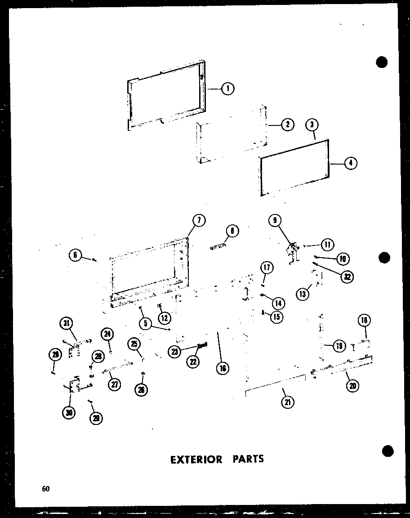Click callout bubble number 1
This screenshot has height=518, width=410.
pyautogui.click(x=228, y=89)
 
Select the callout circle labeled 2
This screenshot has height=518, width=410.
pyautogui.click(x=287, y=125)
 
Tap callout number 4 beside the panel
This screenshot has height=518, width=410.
pyautogui.click(x=350, y=163)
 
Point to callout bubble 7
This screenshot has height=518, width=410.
pyautogui.click(x=199, y=220)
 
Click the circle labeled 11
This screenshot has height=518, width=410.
pyautogui.click(x=327, y=245)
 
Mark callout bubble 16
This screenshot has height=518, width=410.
pyautogui.click(x=222, y=368)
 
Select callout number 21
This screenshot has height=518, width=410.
pyautogui.click(x=287, y=402)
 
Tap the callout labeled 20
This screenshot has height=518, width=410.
pyautogui.click(x=353, y=385)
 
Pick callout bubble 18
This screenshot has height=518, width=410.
pyautogui.click(x=364, y=321)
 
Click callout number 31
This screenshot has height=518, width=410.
pyautogui.click(x=67, y=323)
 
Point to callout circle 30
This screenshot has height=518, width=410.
pyautogui.click(x=69, y=413)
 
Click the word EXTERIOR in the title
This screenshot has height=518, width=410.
pyautogui.click(x=196, y=459)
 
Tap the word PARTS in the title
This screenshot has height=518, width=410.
pyautogui.click(x=248, y=459)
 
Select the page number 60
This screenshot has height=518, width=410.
pyautogui.click(x=45, y=490)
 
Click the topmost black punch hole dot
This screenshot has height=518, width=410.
pyautogui.click(x=382, y=63)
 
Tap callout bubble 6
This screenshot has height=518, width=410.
pyautogui.click(x=75, y=255)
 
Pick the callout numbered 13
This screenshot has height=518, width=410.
pyautogui.click(x=302, y=294)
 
